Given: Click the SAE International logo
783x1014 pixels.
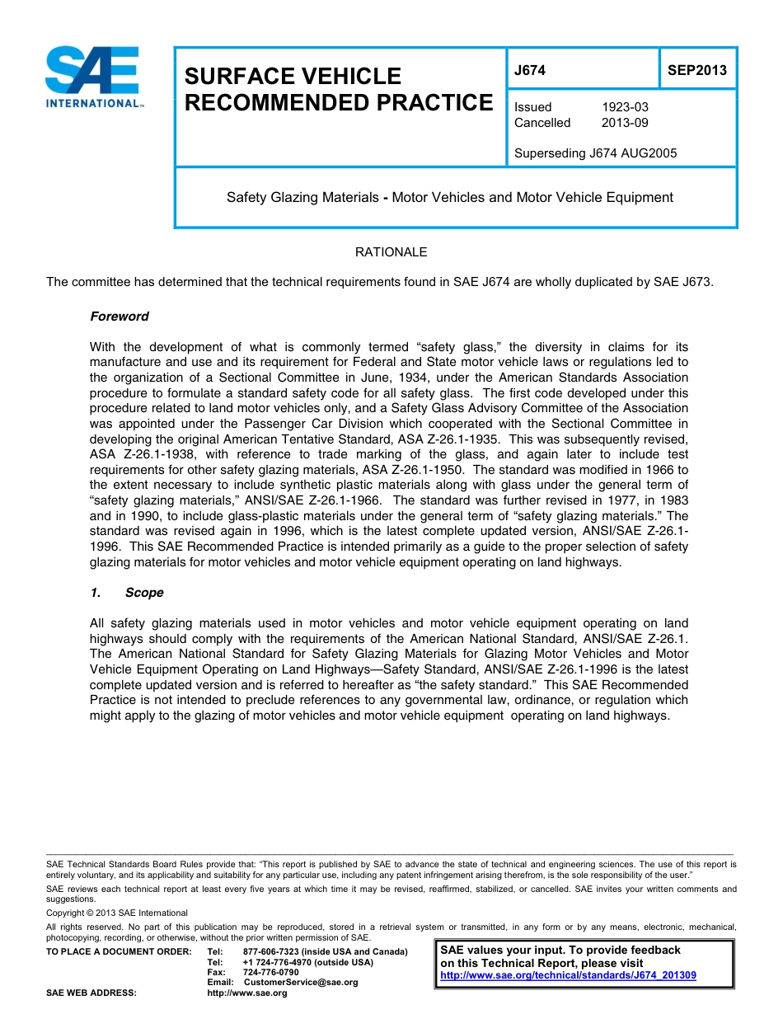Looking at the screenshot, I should (93, 77).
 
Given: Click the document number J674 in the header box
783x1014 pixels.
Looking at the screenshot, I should (530, 70).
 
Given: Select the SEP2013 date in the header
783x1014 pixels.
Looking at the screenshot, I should (696, 70).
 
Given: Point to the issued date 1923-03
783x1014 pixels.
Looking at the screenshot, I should (625, 107).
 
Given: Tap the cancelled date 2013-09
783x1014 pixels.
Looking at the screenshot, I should (625, 123).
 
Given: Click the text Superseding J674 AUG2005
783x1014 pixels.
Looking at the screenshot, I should (595, 153).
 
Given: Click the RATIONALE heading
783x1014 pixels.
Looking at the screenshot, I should (391, 252).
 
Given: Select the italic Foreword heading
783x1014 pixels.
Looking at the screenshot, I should (120, 317).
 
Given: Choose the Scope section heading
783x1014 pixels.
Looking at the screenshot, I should (143, 593).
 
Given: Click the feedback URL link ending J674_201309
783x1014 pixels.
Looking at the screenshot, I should (568, 975).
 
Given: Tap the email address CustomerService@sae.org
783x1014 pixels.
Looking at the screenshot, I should (301, 983).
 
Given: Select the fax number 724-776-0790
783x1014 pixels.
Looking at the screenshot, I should (271, 973).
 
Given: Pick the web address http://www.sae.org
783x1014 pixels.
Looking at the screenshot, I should (247, 993).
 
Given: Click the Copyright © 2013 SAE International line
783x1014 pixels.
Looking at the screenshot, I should (117, 913).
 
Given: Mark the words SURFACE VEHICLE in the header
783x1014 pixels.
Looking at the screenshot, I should (293, 77).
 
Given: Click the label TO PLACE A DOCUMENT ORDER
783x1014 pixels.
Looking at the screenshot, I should (119, 952).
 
